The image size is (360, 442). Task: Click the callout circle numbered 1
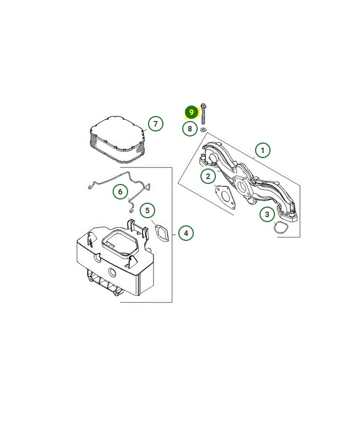coord(262,150)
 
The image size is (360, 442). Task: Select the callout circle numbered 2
coord(208,176)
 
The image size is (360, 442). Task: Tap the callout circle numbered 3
coord(267,214)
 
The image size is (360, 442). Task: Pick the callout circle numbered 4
coord(186,233)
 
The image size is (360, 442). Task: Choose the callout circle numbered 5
coord(147,211)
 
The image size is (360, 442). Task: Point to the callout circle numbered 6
coord(120,192)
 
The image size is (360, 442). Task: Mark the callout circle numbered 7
coord(156,123)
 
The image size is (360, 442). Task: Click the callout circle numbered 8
coord(189,129)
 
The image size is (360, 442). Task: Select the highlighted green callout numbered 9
coord(192,112)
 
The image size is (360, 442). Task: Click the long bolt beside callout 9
coord(203,114)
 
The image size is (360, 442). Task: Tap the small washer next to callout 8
coord(203,130)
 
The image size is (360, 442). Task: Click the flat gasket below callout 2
coord(225,197)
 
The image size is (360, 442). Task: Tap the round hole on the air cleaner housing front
coord(112,272)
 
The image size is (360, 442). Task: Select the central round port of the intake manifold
coord(242,186)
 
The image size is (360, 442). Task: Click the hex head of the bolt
coord(203,106)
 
